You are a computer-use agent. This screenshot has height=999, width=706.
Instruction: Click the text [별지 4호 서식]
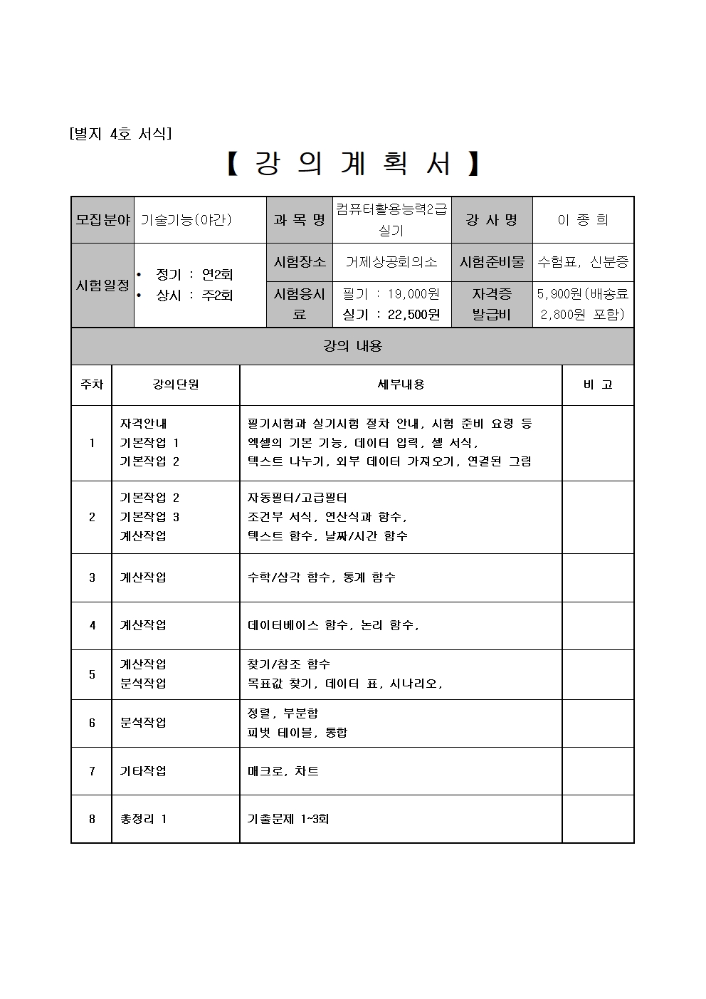pos(120,134)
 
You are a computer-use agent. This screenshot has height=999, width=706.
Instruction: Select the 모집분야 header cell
pos(103,220)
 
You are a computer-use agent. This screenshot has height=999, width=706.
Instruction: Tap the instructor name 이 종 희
pos(583,220)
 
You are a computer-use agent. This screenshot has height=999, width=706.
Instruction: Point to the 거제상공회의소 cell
pos(391,262)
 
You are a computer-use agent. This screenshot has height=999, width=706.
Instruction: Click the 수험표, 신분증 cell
pos(583,262)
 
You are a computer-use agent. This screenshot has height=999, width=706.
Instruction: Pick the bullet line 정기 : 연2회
pos(194,275)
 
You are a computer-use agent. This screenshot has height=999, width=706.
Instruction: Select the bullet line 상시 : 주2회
pos(194,295)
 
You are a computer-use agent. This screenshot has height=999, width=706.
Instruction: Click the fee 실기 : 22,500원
pos(391,314)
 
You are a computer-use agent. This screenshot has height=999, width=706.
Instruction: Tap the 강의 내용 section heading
pos(353,346)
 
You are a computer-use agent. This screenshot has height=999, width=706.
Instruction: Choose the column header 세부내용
pos(401,385)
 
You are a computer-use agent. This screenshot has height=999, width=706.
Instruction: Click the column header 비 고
pos(598,385)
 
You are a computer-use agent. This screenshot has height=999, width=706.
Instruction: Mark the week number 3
pos(92,577)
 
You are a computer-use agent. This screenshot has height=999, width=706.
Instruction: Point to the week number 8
pos(92,819)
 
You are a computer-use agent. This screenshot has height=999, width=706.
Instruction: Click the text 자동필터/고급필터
pos(297,498)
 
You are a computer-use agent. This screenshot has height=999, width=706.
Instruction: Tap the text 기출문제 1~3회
pos(288,819)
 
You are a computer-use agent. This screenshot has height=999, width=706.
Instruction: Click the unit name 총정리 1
pos(143,819)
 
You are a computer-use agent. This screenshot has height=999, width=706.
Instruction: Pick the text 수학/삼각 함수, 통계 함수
pos(321,577)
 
